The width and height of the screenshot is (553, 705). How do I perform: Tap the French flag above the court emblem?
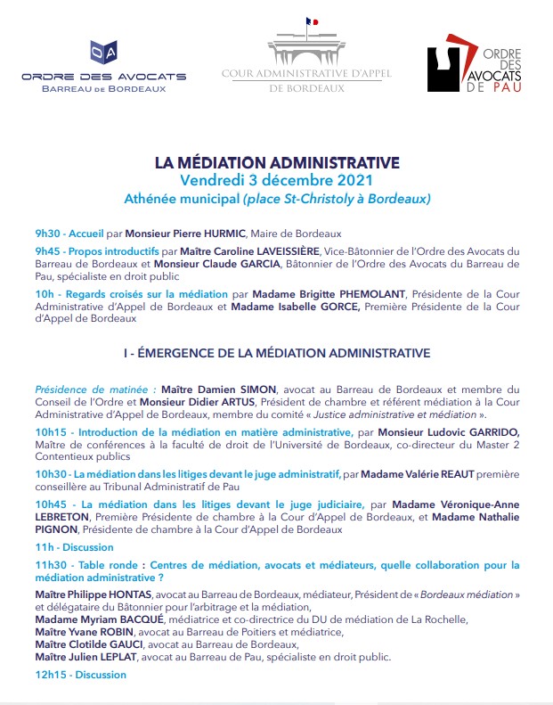(x=311, y=21)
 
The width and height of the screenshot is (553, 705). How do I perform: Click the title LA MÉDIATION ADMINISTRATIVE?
(x=276, y=163)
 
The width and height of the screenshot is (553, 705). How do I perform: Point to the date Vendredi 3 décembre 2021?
(x=277, y=179)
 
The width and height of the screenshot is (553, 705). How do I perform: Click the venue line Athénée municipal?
(x=277, y=197)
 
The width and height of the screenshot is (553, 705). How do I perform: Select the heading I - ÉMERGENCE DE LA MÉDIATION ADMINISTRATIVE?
(x=277, y=353)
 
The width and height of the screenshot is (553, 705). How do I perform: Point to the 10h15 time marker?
(x=49, y=431)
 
